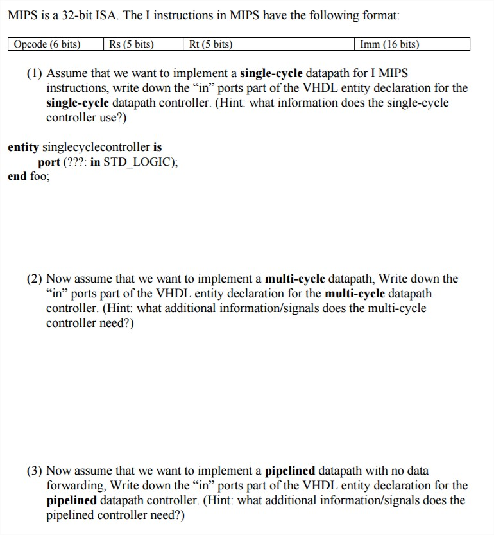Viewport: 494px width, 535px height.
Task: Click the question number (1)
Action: pyautogui.click(x=35, y=73)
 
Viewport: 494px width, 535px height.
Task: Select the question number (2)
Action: pyautogui.click(x=35, y=279)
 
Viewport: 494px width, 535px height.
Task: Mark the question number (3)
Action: pyautogui.click(x=35, y=471)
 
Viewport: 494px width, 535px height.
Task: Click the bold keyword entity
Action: pyautogui.click(x=23, y=147)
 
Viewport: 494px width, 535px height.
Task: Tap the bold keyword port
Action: pyautogui.click(x=48, y=162)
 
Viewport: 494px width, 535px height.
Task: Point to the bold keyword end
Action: pyautogui.click(x=17, y=176)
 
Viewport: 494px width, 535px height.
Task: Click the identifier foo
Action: pyautogui.click(x=39, y=176)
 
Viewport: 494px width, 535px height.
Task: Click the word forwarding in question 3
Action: pyautogui.click(x=72, y=486)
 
